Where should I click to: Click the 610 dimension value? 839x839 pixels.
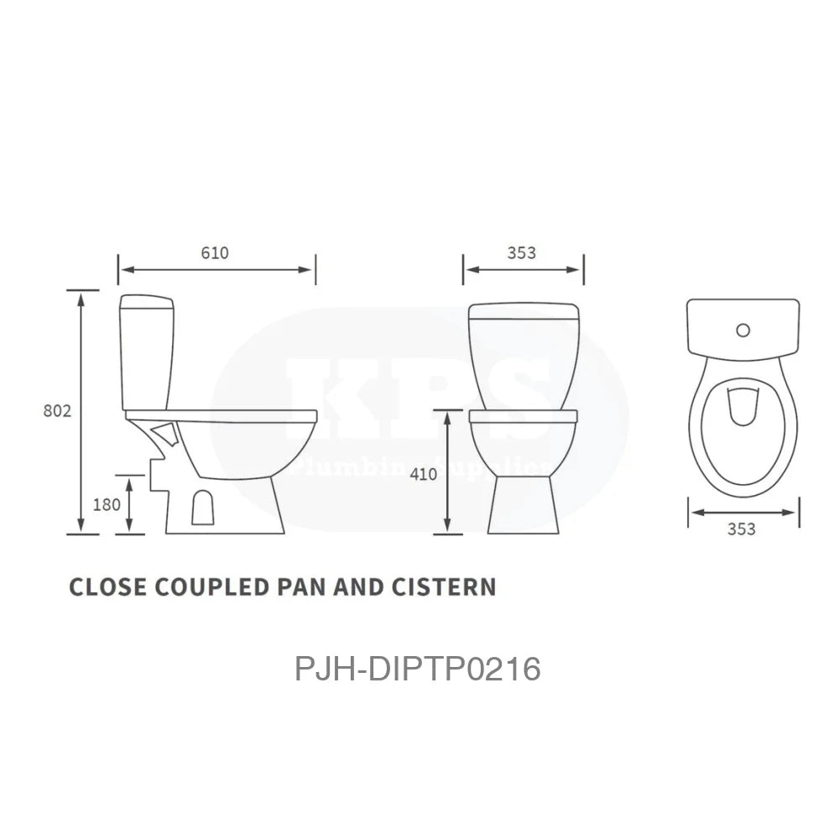point(215,253)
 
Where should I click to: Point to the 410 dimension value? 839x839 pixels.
point(424,474)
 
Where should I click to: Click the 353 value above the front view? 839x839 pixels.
point(521,253)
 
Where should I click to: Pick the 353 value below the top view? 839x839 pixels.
point(742,529)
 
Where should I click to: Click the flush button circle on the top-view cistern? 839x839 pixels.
point(743,330)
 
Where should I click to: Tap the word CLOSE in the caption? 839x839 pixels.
point(107,586)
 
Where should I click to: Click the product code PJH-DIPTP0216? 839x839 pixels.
point(417,670)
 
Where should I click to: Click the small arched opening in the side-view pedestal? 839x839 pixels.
point(201,508)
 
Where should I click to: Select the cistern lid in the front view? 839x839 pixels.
point(524,312)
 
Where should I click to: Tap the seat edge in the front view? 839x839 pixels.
point(524,416)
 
